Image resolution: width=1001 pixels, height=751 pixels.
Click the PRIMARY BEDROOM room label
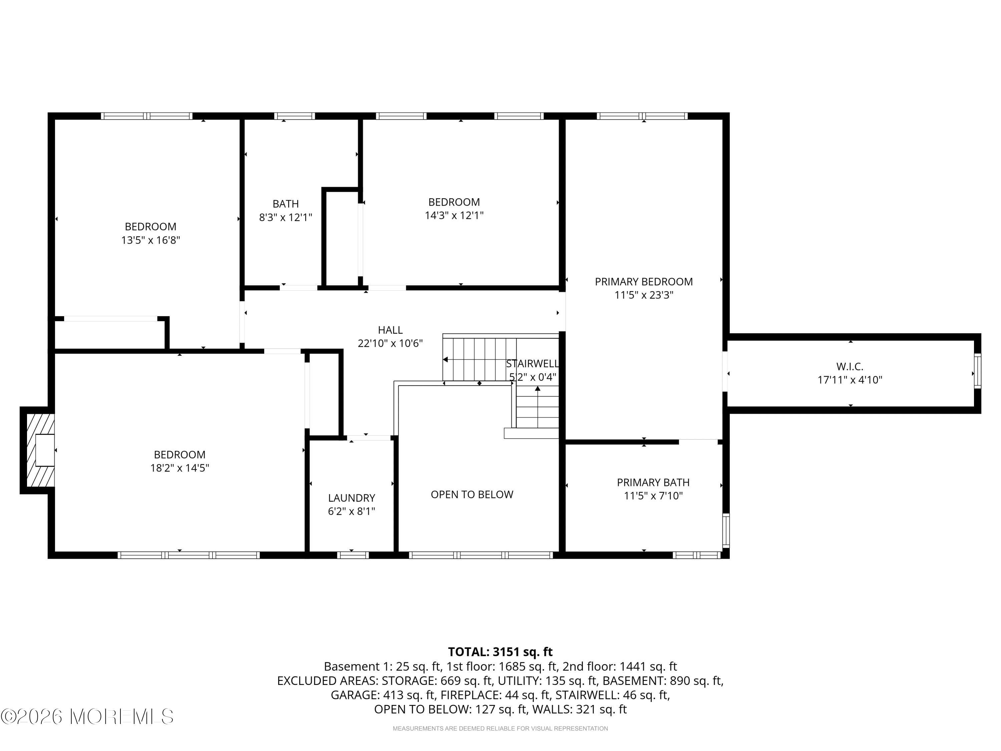pos(644,282)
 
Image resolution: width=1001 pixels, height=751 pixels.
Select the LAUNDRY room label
pos(352,498)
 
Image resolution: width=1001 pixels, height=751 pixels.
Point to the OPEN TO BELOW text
pos(472,494)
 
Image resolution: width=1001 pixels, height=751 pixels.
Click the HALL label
pos(390,330)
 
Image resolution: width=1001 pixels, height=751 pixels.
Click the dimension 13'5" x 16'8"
pos(151,240)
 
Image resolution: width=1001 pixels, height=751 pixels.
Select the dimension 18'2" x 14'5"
pos(180,468)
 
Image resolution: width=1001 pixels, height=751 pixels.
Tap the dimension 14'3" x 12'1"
pos(454,216)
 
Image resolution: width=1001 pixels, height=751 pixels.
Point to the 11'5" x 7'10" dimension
pos(653,496)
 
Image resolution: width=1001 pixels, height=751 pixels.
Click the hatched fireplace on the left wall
pos(38,450)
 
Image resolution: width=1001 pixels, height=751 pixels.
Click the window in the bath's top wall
pos(294,116)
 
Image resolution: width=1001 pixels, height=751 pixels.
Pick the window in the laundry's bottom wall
pos(353,555)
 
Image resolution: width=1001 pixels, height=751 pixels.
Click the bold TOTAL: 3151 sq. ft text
pos(500,652)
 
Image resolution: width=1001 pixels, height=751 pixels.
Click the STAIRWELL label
pos(532,363)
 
